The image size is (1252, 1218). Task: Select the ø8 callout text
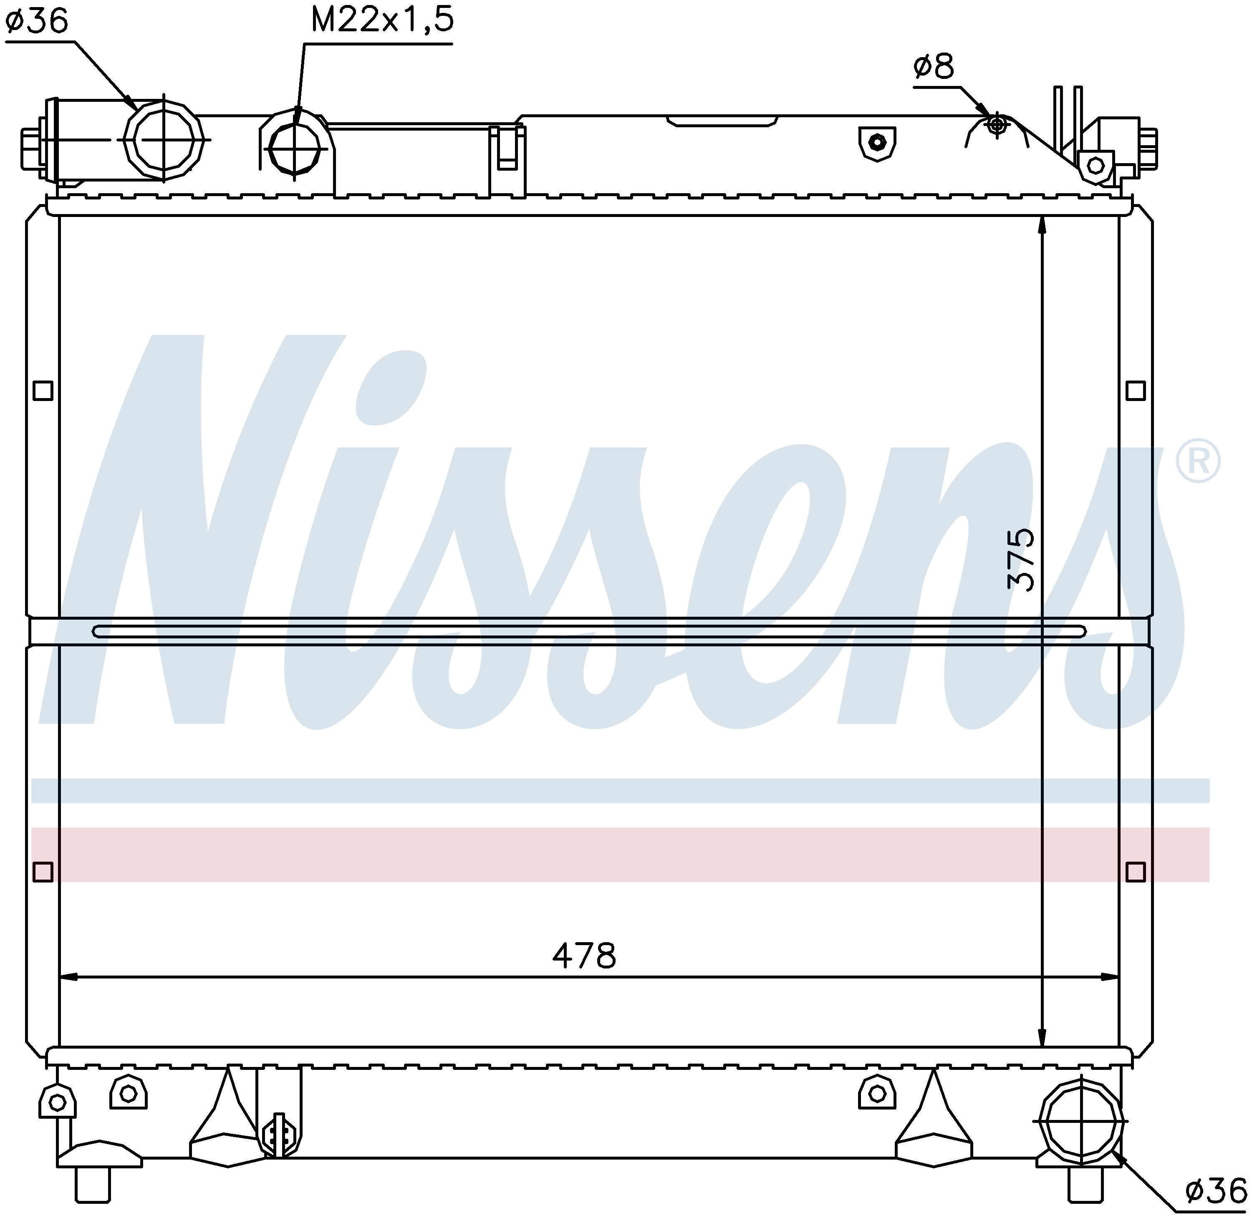pyautogui.click(x=934, y=66)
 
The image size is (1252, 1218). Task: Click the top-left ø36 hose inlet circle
pyautogui.click(x=163, y=139)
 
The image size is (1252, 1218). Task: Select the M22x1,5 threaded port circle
pyautogui.click(x=294, y=148)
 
